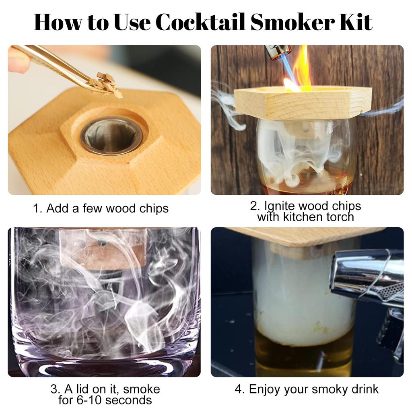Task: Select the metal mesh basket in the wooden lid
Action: coord(111,136)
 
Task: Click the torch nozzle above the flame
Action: coord(278,51)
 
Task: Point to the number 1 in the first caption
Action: coord(36,208)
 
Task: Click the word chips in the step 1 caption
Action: coord(154,208)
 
